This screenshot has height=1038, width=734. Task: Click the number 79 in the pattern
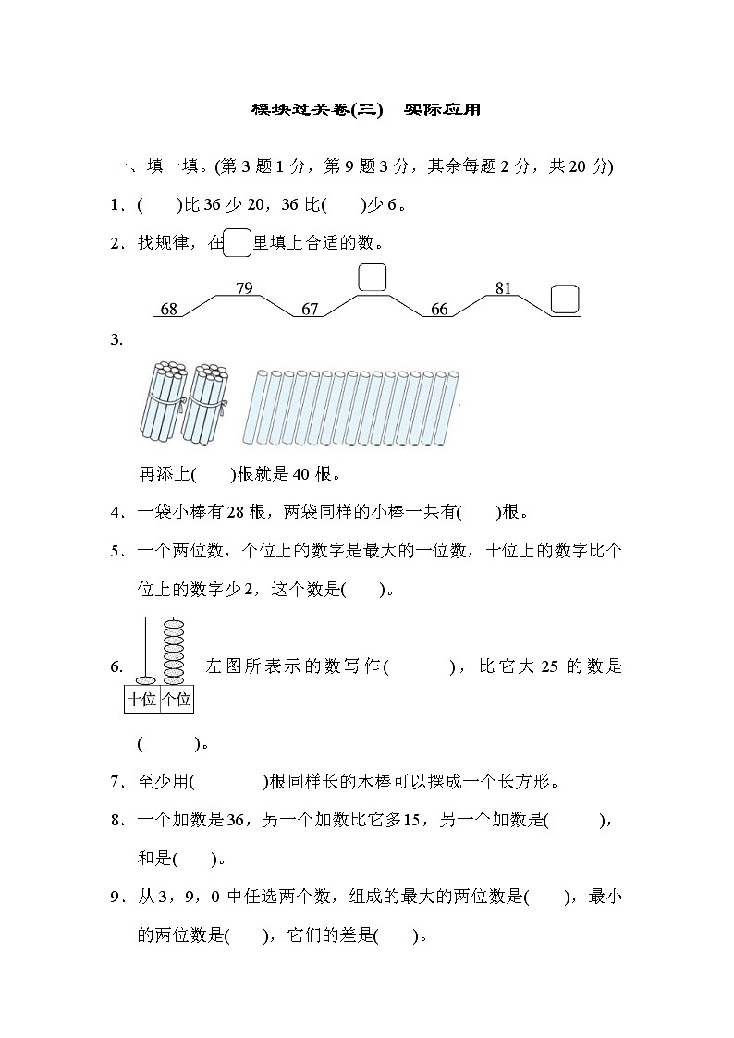(x=244, y=288)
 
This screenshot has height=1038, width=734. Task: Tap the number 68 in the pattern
(x=169, y=310)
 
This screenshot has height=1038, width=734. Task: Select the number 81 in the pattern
(x=503, y=288)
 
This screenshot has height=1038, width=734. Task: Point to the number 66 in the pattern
(x=440, y=310)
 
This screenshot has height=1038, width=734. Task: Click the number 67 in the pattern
(x=310, y=310)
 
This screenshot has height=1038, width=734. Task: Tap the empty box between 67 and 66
(x=372, y=277)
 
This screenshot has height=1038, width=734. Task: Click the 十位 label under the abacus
(x=142, y=700)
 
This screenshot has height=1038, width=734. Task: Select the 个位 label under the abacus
(x=176, y=700)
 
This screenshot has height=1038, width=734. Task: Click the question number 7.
(x=116, y=783)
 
